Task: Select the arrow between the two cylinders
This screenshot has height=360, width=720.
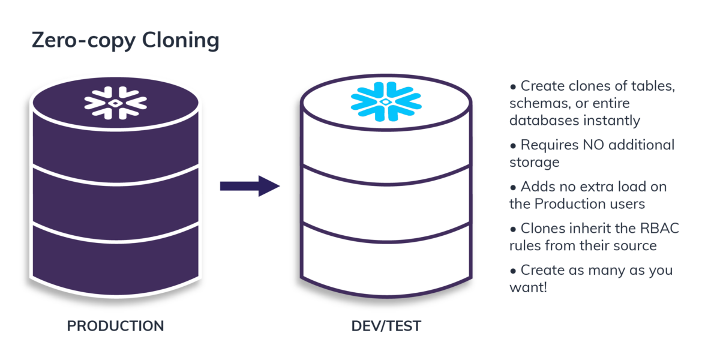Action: coord(250,186)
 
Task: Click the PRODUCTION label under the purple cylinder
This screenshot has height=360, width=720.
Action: coord(115,326)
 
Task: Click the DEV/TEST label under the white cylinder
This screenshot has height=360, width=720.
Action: coord(386,326)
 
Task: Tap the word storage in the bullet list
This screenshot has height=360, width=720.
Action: coord(534,163)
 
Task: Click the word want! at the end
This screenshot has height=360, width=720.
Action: coord(528,287)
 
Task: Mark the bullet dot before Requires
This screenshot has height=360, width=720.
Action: coord(512,145)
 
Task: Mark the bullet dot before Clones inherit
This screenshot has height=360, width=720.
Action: coord(512,229)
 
